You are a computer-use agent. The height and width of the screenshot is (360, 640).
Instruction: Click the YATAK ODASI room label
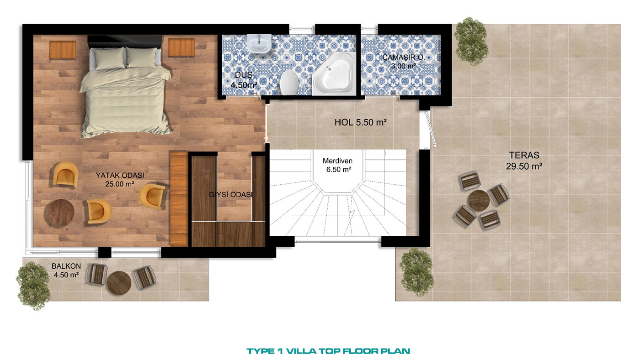tap(120, 175)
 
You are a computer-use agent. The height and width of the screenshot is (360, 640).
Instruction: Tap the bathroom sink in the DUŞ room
tap(259, 43)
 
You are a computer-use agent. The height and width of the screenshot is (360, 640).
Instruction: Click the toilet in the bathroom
tap(289, 82)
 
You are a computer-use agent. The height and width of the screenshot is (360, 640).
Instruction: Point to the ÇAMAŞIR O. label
tap(403, 58)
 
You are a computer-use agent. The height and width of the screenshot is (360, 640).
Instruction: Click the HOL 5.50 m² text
tap(361, 122)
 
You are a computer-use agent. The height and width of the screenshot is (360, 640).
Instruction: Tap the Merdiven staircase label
tap(337, 161)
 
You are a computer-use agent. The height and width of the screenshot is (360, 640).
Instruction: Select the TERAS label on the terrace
tap(524, 155)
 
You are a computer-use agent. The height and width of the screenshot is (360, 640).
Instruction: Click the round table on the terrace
tap(479, 201)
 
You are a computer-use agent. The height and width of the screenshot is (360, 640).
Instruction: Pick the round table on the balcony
tap(119, 283)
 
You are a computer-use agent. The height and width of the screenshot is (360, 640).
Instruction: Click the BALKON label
tap(66, 266)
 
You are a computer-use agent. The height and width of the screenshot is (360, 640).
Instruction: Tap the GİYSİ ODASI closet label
tap(231, 195)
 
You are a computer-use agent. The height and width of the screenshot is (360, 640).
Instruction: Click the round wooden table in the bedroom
tap(61, 213)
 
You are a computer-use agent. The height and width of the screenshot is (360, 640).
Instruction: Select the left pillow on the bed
tap(110, 58)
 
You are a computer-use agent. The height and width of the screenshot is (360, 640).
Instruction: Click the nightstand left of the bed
tap(63, 50)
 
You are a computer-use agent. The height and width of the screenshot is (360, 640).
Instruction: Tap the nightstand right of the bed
tap(181, 47)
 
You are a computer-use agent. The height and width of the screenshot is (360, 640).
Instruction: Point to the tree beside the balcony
tap(33, 286)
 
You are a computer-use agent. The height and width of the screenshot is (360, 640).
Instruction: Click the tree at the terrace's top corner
tap(470, 42)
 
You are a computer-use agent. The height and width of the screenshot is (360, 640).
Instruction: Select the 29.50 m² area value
tap(524, 166)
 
